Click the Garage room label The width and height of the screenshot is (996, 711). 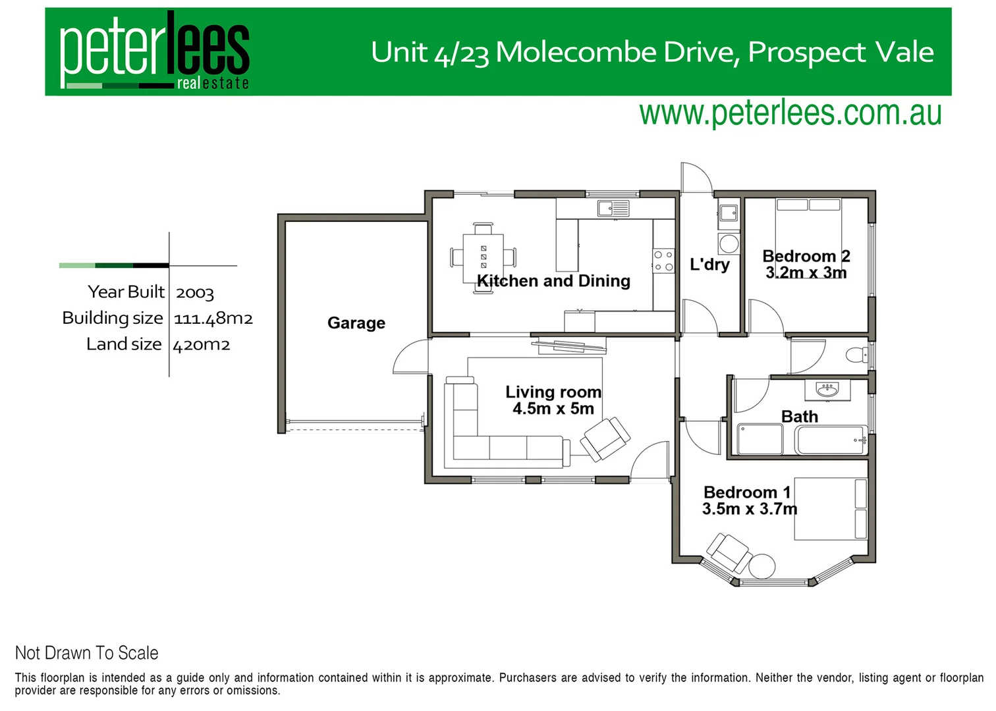(356, 323)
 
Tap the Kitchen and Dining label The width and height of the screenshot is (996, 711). (553, 281)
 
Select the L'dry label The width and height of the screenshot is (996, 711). (709, 265)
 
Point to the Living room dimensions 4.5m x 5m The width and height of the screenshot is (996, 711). (553, 409)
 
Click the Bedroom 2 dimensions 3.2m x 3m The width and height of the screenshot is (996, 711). (806, 273)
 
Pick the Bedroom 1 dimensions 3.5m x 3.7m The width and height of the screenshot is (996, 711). (750, 509)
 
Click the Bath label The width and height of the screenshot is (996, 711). (800, 417)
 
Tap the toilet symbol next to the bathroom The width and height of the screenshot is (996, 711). (858, 355)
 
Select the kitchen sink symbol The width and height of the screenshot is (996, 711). (613, 209)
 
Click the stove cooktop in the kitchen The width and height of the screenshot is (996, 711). (663, 261)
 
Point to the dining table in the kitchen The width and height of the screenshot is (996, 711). (484, 257)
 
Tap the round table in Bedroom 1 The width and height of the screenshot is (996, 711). (761, 566)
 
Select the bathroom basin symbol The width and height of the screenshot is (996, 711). (827, 390)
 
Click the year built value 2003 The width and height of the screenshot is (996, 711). (195, 293)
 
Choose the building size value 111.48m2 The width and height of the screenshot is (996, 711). (213, 319)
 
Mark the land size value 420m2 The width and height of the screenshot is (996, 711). (202, 345)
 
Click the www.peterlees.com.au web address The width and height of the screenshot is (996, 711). (790, 113)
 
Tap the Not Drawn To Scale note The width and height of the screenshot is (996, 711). (87, 653)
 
